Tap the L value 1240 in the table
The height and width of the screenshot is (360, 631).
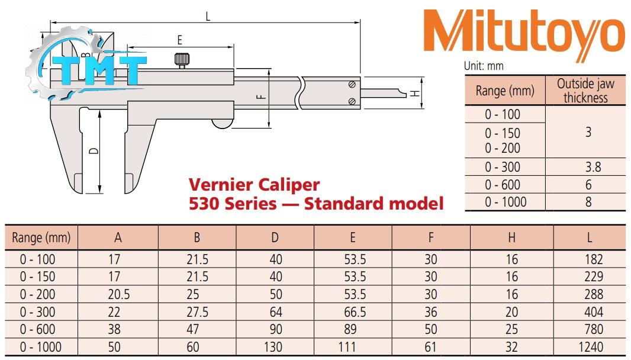click(x=592, y=347)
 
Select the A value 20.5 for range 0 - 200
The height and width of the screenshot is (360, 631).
click(x=118, y=294)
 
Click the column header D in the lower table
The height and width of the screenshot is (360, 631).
click(x=275, y=238)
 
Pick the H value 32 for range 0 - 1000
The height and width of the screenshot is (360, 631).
click(x=511, y=347)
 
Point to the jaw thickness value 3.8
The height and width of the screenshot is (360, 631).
click(x=588, y=167)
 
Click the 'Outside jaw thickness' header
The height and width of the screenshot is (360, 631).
click(x=585, y=91)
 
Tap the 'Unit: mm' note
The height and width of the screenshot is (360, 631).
click(x=484, y=66)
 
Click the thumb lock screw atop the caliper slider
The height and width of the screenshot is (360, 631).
click(x=182, y=60)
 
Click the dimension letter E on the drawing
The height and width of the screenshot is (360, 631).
click(x=179, y=40)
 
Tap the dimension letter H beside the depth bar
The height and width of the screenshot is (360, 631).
click(x=415, y=93)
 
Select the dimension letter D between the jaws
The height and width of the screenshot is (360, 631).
click(x=93, y=152)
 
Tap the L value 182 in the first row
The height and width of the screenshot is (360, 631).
click(x=592, y=259)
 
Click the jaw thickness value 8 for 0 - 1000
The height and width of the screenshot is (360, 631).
click(x=588, y=202)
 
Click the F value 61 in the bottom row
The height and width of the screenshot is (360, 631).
click(x=431, y=347)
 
